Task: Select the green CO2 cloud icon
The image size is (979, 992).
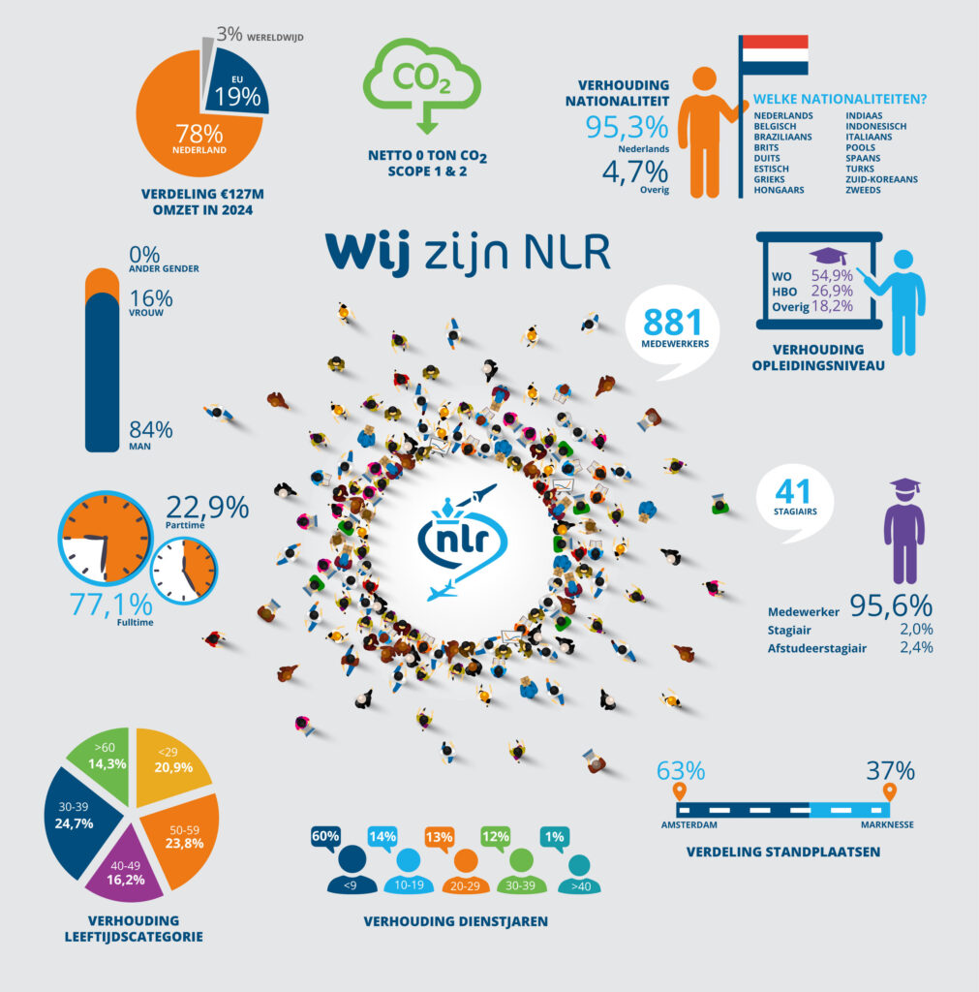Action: click(422, 84)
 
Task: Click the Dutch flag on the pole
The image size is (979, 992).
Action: click(775, 55)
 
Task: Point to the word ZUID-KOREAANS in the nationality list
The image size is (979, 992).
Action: click(881, 179)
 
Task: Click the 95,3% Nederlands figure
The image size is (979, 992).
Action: click(627, 127)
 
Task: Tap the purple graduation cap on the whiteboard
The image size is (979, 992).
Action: click(828, 256)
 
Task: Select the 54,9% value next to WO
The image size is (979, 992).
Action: click(832, 276)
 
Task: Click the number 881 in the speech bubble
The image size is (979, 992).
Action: click(673, 322)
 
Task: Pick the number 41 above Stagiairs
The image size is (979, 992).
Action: click(793, 491)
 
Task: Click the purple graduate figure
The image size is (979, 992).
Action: click(904, 530)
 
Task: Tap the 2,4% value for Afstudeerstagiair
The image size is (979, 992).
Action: click(916, 647)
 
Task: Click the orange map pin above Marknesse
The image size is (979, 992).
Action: click(889, 792)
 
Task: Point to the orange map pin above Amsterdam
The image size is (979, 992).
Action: click(679, 791)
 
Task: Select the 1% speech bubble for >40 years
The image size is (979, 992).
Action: click(555, 839)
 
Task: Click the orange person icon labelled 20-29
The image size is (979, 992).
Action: click(466, 871)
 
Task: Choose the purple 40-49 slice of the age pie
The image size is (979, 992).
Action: click(126, 866)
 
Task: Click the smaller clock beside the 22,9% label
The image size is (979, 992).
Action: click(184, 572)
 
